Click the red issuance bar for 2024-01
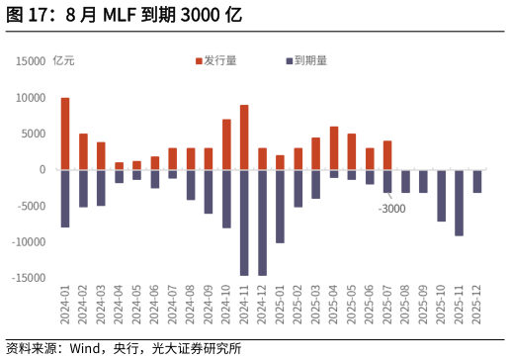[x=65, y=134]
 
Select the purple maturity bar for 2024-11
[x=244, y=223]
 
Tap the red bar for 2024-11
[x=244, y=137]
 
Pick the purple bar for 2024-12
[x=262, y=223]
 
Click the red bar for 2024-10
[x=226, y=144]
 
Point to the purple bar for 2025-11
[x=459, y=203]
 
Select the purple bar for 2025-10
[x=441, y=196]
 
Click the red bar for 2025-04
[x=334, y=148]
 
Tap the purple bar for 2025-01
[x=280, y=206]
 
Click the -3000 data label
[x=392, y=209]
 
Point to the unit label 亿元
[x=63, y=60]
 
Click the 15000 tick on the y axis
[x=31, y=61]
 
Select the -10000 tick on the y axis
[x=29, y=242]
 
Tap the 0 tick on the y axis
[x=42, y=170]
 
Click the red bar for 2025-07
[x=387, y=155]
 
